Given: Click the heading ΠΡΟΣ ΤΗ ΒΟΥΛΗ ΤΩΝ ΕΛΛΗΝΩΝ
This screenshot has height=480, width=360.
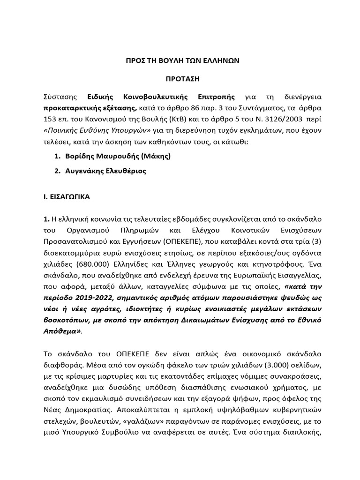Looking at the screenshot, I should click(180, 61).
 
